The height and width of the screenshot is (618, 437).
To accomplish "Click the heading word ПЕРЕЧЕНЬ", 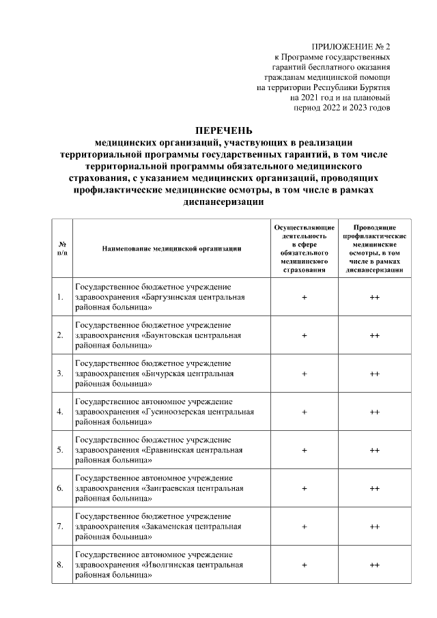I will click(224, 130).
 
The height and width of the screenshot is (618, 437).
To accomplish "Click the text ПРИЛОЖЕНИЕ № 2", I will click(350, 46).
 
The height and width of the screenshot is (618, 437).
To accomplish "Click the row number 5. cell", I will click(61, 450).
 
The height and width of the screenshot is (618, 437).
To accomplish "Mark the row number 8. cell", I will click(61, 565).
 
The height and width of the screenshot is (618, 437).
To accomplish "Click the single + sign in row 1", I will click(304, 297).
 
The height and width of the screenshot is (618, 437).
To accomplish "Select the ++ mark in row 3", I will click(374, 374).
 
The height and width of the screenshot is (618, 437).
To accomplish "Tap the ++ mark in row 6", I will click(374, 488).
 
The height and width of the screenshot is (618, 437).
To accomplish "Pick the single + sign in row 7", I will click(304, 526).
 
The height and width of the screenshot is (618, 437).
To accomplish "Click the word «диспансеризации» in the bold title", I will click(224, 203).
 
